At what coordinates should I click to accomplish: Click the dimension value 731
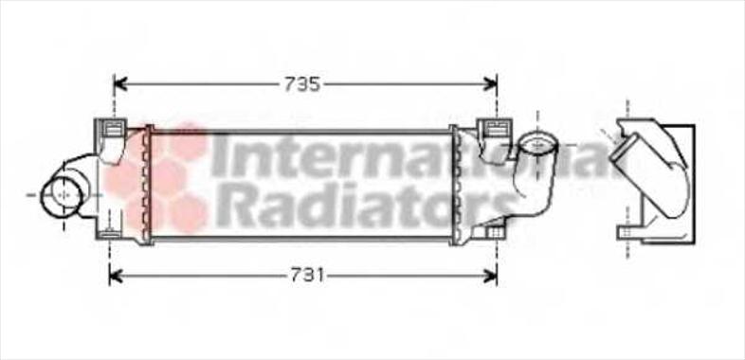pyautogui.click(x=307, y=276)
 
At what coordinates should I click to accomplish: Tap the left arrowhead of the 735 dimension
pyautogui.click(x=120, y=84)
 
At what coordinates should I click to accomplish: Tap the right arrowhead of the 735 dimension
pyautogui.click(x=491, y=84)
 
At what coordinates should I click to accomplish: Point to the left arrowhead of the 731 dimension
pyautogui.click(x=116, y=277)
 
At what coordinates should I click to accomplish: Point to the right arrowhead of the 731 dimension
pyautogui.click(x=491, y=277)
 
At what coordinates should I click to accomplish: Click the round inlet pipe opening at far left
pyautogui.click(x=61, y=195)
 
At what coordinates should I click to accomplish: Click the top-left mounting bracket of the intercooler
pyautogui.click(x=112, y=130)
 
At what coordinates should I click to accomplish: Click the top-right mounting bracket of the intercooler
pyautogui.click(x=494, y=130)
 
